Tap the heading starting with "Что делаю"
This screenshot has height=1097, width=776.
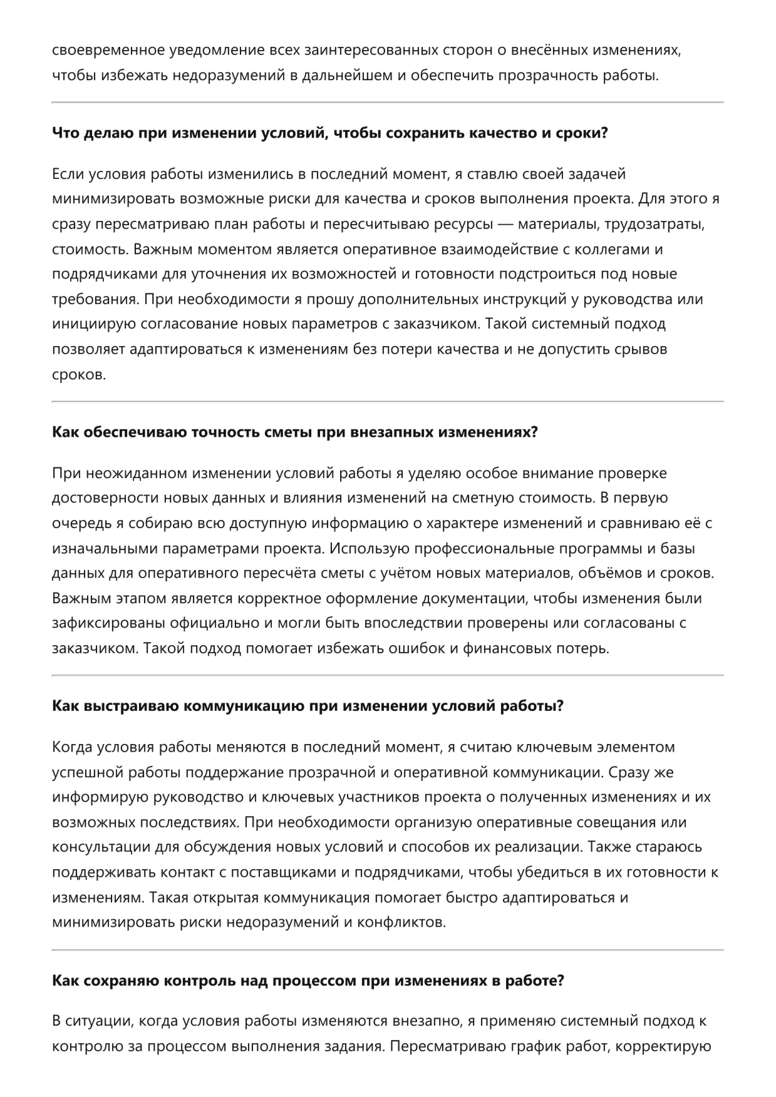tap(329, 133)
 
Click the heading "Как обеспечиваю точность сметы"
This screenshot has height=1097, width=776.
tap(294, 432)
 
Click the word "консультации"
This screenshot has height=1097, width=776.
tap(95, 847)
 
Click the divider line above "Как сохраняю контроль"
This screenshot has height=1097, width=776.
tap(388, 950)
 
